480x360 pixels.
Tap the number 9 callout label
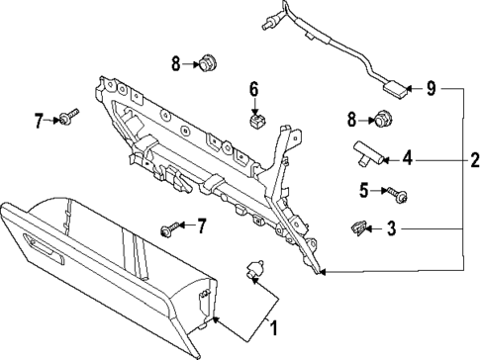[x=430, y=89]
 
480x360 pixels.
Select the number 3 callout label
[x=392, y=229]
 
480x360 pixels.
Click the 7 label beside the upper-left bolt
[x=40, y=121]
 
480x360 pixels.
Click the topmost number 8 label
[x=175, y=64]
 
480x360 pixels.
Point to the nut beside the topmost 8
[x=207, y=65]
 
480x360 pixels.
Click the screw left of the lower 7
[x=167, y=229]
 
